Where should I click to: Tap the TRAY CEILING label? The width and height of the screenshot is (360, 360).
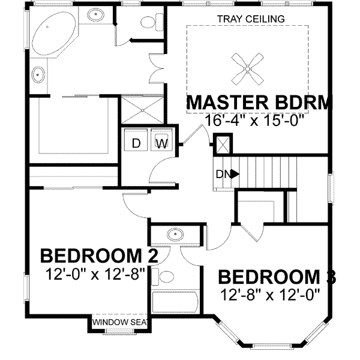pyautogui.click(x=251, y=19)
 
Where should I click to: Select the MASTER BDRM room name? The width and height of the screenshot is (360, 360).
pyautogui.click(x=259, y=103)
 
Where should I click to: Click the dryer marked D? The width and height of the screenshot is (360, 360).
pyautogui.click(x=136, y=143)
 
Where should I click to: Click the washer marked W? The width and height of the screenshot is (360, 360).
pyautogui.click(x=161, y=143)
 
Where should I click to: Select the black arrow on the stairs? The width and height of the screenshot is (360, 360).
pyautogui.click(x=235, y=174)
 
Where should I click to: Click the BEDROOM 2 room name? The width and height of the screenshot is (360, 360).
pyautogui.click(x=99, y=256)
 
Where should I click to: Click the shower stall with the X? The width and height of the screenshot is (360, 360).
pyautogui.click(x=142, y=109)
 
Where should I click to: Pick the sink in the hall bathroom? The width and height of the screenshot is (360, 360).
pyautogui.click(x=175, y=233)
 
